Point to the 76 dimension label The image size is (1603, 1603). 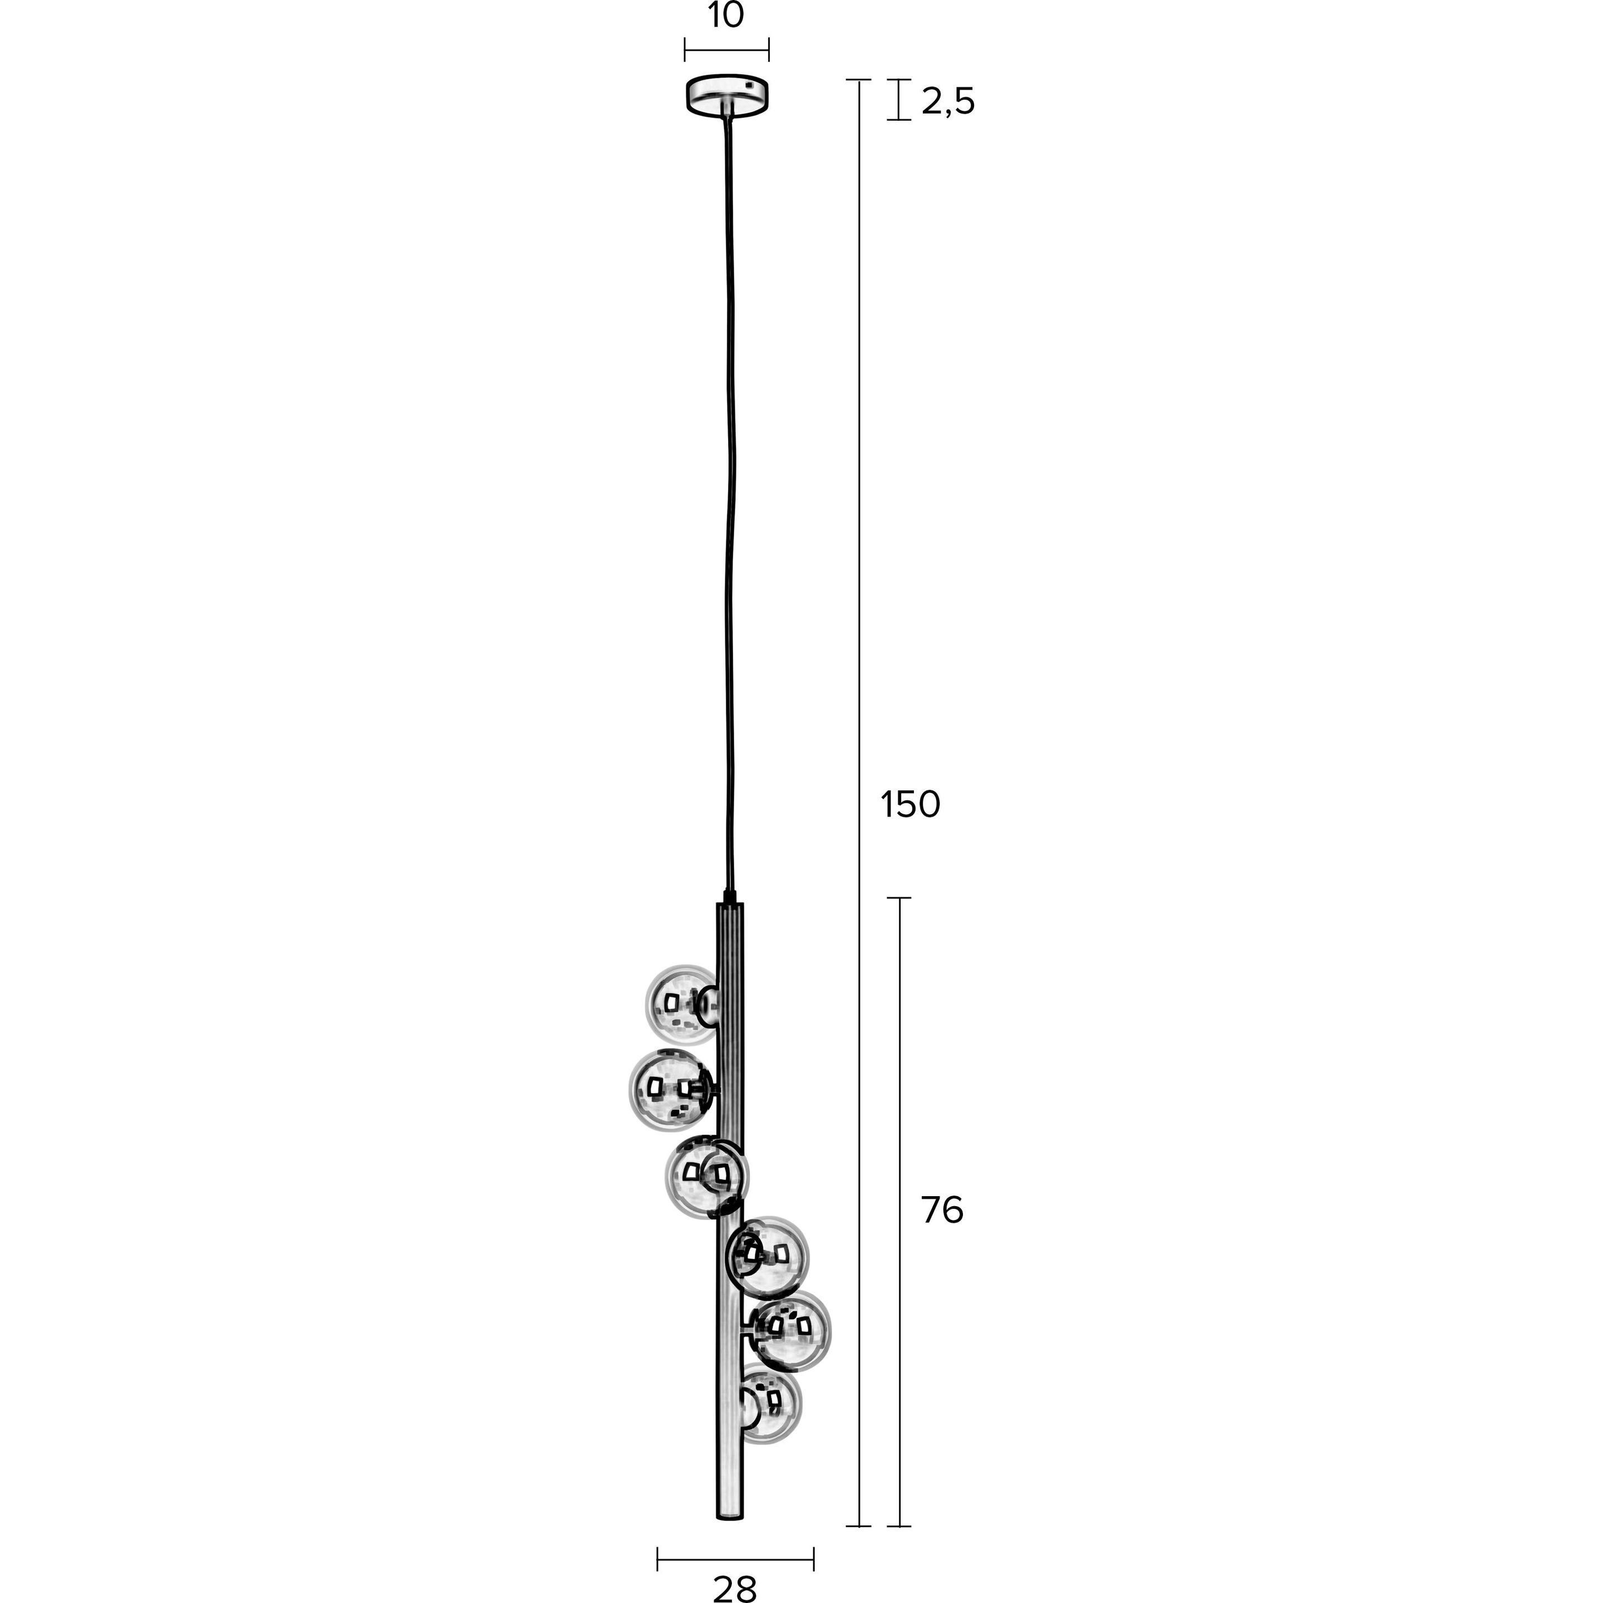(942, 1211)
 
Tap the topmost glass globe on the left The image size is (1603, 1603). (682, 1004)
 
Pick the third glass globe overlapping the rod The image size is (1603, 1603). (705, 1177)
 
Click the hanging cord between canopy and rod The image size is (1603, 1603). (730, 498)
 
